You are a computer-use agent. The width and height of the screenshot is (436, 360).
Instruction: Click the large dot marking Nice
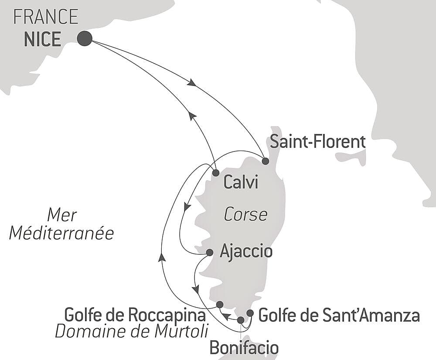(x=85, y=38)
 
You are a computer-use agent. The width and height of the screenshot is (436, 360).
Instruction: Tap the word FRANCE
(x=46, y=17)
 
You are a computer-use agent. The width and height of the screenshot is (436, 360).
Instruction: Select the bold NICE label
(x=42, y=39)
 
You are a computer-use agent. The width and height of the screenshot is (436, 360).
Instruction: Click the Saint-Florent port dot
(x=265, y=161)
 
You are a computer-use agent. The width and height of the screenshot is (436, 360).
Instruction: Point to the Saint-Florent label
(x=317, y=142)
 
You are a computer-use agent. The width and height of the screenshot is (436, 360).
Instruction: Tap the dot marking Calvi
(x=215, y=173)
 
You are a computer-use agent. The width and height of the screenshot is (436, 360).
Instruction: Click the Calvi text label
(x=240, y=183)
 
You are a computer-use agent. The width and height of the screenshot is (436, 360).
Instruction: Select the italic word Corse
(x=245, y=215)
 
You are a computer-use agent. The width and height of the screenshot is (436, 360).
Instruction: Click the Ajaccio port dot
(x=209, y=252)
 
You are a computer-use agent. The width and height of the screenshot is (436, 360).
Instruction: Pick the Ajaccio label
(x=246, y=251)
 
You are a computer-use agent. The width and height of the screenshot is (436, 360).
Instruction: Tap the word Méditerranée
(x=61, y=233)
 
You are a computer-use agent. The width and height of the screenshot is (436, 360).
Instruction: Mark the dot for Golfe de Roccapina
(x=220, y=304)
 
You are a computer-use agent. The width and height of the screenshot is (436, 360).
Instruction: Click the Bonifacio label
(x=244, y=348)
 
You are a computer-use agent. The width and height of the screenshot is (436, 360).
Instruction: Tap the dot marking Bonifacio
(x=240, y=320)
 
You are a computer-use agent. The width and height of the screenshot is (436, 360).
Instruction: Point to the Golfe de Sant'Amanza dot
(x=250, y=313)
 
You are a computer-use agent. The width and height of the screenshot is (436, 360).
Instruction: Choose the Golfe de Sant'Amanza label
(x=339, y=315)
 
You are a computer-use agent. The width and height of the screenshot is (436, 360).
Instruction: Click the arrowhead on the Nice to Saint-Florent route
(x=191, y=82)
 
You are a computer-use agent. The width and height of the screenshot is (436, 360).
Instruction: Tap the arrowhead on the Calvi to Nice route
(x=191, y=115)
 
